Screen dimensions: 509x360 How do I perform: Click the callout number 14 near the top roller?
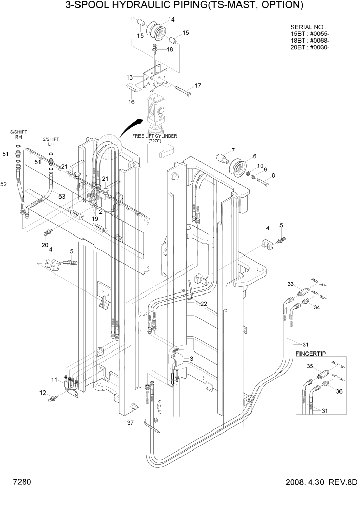171,19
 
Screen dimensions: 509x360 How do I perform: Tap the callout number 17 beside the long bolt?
197,85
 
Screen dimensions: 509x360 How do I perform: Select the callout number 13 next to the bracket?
130,77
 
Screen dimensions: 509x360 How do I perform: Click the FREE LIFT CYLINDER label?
155,136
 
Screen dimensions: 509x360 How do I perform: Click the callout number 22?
203,304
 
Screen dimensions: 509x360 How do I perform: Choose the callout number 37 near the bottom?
130,423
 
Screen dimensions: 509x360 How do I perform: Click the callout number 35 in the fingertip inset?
310,366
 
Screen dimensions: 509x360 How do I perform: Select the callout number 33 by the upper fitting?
290,284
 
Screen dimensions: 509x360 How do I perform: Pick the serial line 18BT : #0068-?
310,41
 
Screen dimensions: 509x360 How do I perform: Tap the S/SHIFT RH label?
18,134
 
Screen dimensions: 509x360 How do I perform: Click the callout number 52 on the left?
5,184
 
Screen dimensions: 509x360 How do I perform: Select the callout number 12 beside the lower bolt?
42,393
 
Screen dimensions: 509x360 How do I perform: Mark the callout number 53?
62,197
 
